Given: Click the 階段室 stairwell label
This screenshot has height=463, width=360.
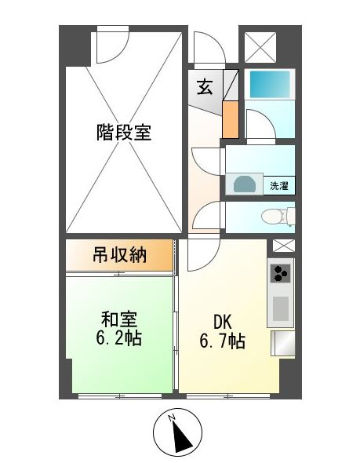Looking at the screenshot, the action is coord(124,133).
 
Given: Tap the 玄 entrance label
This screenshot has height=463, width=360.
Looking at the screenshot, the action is coord(205,87).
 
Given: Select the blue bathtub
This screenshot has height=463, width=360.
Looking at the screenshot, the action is coord(270,84).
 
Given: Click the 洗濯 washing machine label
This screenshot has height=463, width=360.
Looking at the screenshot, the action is coord(279,186).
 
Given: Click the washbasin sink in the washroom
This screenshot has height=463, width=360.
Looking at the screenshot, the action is coord(244,184).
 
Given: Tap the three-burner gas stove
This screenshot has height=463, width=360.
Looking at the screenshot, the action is coord(280,274).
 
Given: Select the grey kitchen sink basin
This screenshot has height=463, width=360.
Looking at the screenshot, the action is coord(281,308).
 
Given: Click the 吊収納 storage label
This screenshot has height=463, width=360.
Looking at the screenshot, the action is coord(119,255).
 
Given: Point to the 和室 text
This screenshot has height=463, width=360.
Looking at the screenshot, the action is coord(119,319).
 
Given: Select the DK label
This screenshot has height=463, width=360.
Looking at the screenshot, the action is coord(222,322).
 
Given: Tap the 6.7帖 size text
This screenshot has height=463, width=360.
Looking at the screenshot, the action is coord(223,341).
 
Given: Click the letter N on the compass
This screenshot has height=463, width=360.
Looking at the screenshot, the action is coord(171,417).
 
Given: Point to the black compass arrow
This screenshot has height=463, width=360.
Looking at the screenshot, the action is coord(181,436).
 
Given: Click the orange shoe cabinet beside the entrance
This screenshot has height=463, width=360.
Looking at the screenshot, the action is coord(231,119).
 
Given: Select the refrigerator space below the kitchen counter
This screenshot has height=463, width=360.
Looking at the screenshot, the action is coord(283,343).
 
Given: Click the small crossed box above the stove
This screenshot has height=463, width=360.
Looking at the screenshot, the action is coord(284,246).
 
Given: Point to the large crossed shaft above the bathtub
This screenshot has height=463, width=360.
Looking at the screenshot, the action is coord(260,47).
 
